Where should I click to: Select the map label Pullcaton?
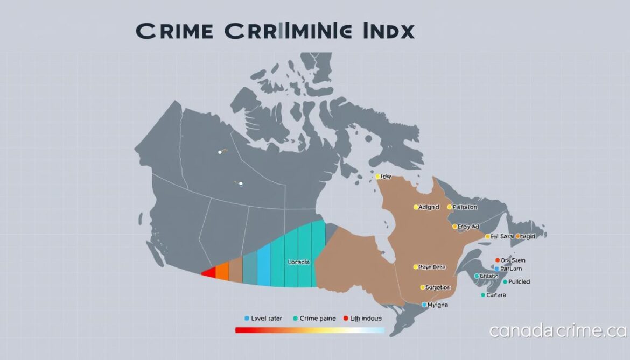click(x=465, y=207)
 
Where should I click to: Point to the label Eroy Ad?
click(x=468, y=227)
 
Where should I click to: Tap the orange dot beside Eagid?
click(x=517, y=236)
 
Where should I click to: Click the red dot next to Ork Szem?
click(x=497, y=260)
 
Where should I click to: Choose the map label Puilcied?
click(x=519, y=281)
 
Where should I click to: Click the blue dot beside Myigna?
click(x=424, y=305)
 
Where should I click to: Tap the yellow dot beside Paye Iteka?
click(x=416, y=266)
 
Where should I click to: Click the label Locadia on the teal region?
click(x=299, y=262)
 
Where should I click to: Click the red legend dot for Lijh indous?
click(x=346, y=319)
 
